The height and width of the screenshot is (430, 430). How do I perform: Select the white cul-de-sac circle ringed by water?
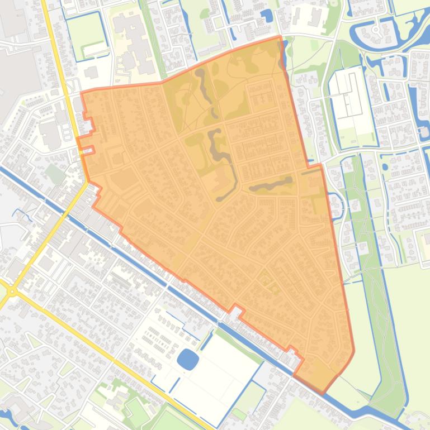click(x=376, y=29)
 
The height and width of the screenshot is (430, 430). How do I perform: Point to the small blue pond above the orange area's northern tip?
click(x=267, y=16)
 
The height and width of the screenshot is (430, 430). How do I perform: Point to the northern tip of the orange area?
click(x=280, y=38)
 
